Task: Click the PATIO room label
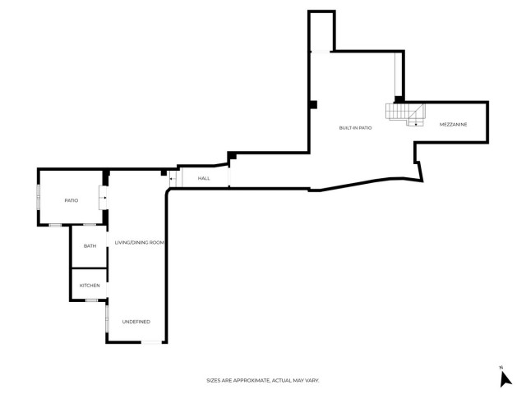[71, 200]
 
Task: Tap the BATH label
[90, 246]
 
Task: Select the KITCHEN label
[90, 285]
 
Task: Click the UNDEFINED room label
[136, 321]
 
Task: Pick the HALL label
[204, 178]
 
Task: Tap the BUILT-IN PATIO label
[356, 128]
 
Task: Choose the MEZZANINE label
[453, 125]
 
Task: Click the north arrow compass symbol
[505, 378]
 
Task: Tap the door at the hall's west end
[173, 178]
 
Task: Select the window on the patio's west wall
[38, 199]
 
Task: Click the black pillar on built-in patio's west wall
[313, 104]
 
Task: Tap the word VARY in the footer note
[311, 381]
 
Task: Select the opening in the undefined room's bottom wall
[152, 342]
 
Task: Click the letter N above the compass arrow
[501, 366]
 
